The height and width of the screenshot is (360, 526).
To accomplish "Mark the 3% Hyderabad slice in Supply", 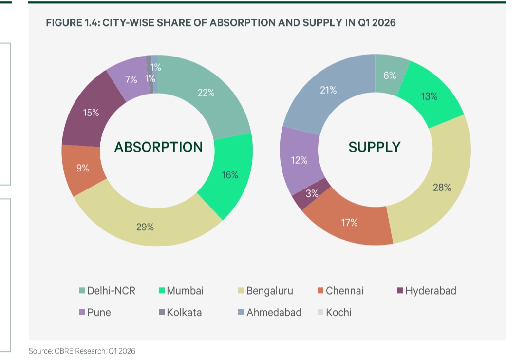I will pos(311,194).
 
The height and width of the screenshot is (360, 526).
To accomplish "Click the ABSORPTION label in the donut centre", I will pos(158,147).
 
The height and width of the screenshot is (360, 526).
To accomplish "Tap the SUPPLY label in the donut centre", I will pos(375,147).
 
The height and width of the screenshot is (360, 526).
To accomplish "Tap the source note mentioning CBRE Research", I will pos(82,351).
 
